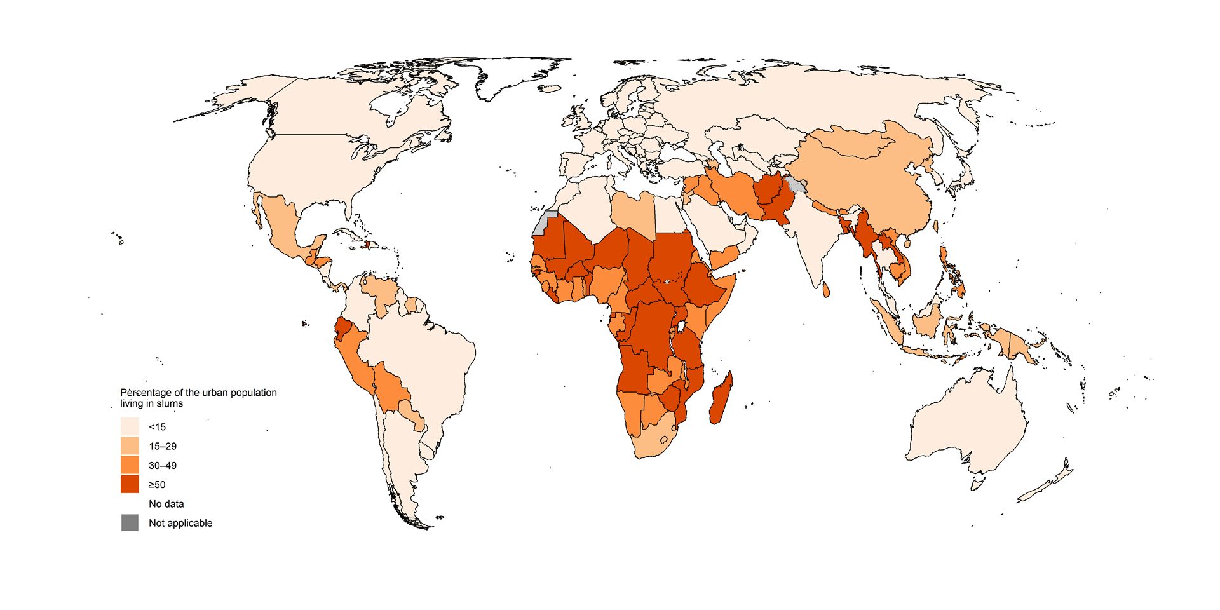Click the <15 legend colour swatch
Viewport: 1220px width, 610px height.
tap(130, 426)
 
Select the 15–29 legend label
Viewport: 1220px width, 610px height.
tap(163, 446)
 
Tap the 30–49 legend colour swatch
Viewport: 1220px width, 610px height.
tap(130, 465)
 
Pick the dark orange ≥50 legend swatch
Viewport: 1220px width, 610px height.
tap(130, 484)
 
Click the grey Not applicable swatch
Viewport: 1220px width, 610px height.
tap(130, 523)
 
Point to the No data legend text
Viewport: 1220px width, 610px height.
tap(166, 504)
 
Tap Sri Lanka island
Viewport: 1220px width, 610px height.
tap(826, 290)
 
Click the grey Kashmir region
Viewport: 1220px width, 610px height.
tap(795, 186)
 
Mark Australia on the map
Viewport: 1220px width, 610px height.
tap(966, 426)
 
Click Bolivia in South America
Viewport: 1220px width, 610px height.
tap(391, 388)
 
